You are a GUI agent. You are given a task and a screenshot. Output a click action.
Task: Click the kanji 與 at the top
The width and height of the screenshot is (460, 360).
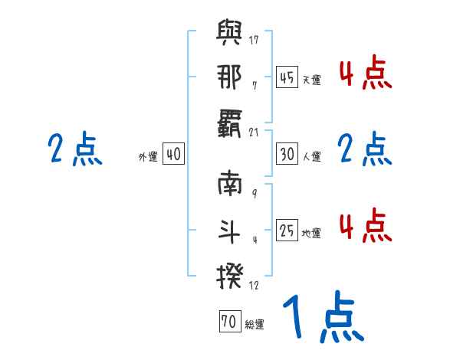[231, 35]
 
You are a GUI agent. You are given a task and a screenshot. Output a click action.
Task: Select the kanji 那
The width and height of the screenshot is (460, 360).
[231, 79]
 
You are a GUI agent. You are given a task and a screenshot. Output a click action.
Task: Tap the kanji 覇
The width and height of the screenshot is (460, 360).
[231, 122]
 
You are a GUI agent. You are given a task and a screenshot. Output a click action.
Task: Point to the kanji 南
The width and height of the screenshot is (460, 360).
[231, 186]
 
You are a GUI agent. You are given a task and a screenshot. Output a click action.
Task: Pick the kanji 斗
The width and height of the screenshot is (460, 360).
[231, 229]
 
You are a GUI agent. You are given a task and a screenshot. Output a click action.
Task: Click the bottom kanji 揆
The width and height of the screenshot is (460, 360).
[231, 273]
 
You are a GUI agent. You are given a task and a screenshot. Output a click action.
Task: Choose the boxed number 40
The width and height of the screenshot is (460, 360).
[173, 154]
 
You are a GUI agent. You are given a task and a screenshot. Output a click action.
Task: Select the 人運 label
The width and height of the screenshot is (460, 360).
[311, 156]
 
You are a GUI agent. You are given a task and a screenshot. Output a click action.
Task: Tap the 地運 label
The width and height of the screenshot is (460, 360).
[311, 232]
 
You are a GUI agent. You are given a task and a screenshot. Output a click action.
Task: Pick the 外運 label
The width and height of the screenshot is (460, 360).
[148, 156]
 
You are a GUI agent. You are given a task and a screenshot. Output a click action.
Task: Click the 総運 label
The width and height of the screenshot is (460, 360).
[254, 324]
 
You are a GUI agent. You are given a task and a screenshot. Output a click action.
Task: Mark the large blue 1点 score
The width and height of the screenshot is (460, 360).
[321, 318]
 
